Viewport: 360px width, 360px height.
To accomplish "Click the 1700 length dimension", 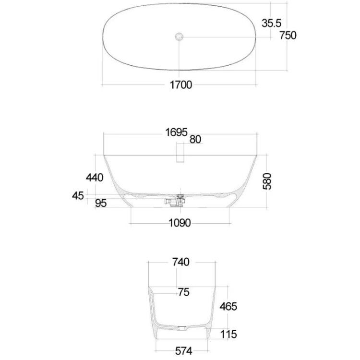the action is [180, 84].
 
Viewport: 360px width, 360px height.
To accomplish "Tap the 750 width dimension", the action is [288, 36].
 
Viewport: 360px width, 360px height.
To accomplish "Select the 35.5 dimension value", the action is [271, 23].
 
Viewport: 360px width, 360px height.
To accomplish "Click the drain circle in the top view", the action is [179, 36].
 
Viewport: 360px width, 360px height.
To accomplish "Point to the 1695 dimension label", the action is [176, 132].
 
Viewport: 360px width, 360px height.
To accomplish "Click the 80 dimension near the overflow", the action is [195, 139].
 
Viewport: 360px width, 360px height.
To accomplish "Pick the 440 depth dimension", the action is [95, 178].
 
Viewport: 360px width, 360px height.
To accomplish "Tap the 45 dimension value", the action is [78, 196].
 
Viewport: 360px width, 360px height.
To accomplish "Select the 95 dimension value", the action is [101, 204].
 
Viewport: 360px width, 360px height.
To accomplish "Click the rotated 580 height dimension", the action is [267, 181].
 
